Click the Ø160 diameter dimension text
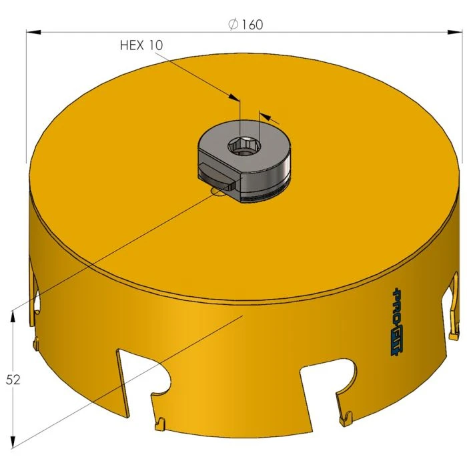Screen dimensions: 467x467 (245, 24)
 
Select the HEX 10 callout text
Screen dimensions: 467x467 (141, 45)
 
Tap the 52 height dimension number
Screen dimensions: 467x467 (13, 380)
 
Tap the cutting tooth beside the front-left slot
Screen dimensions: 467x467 (161, 422)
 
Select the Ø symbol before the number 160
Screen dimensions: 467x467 (233, 24)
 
